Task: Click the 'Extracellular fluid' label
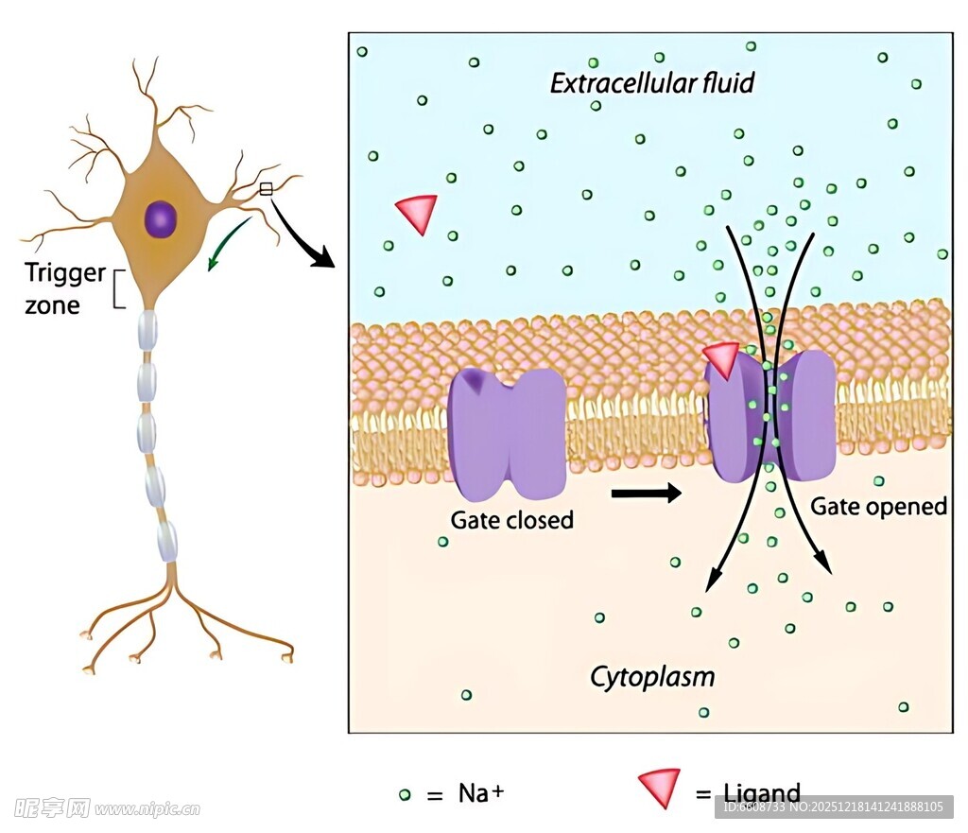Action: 652,83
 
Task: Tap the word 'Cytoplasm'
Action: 652,676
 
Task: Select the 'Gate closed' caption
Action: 511,520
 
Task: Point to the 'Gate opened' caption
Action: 878,507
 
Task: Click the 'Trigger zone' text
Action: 64,288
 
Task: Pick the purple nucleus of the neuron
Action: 161,219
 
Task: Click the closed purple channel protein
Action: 507,432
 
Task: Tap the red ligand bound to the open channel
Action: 722,359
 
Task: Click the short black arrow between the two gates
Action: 647,493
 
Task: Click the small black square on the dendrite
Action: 266,189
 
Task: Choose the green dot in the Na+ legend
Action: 405,794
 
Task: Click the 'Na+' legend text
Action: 480,792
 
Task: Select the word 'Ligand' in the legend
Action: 761,793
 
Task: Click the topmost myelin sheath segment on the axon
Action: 147,328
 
